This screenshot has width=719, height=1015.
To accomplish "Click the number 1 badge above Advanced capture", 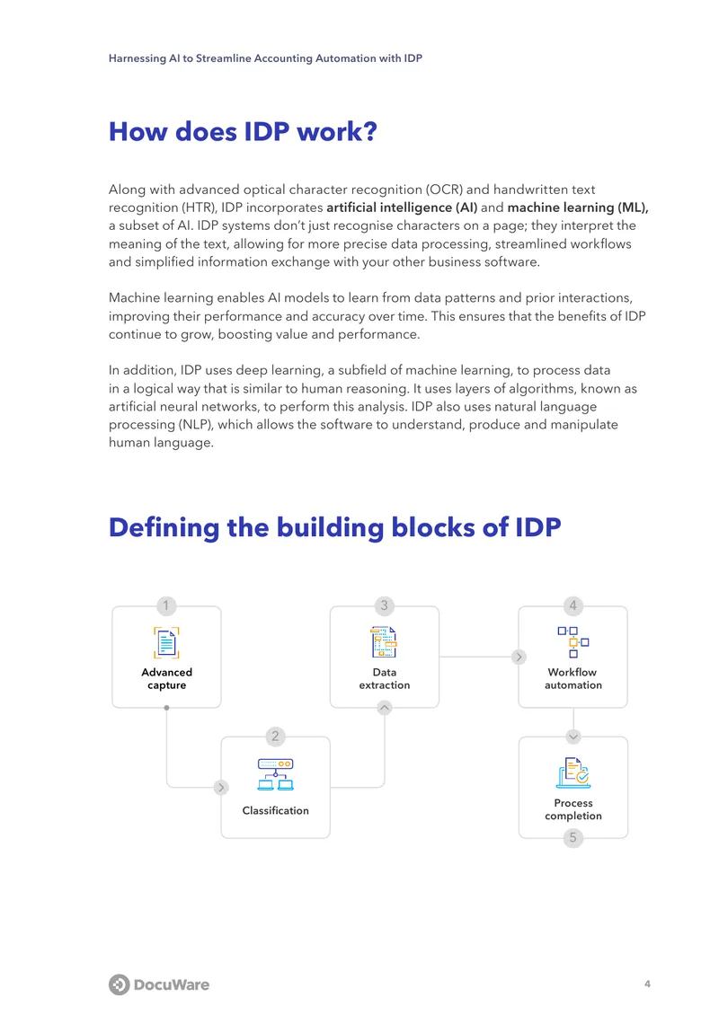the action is (166, 606).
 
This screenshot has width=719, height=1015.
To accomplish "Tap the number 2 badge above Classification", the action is (275, 736).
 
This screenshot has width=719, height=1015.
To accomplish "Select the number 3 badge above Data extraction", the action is (384, 606).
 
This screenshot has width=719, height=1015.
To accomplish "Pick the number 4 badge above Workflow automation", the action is (573, 606).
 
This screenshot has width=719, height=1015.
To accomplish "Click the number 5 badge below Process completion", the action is (573, 838).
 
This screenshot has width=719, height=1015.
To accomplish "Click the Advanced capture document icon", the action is (166, 642).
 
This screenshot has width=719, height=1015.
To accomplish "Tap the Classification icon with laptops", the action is (275, 775).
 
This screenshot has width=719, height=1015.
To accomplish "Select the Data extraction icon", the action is (384, 642).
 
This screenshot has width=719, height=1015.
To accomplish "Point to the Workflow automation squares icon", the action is (573, 641).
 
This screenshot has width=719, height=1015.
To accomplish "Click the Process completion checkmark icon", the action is (573, 772).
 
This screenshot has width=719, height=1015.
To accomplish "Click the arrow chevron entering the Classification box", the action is (221, 787).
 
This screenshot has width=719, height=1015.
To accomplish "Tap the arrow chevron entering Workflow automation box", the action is (519, 657).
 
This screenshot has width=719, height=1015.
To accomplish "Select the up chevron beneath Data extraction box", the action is (384, 708).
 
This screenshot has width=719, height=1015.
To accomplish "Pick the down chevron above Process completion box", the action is (573, 737).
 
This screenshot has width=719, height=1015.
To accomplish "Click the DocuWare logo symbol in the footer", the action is (120, 984).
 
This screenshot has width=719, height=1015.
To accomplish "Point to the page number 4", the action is (647, 984).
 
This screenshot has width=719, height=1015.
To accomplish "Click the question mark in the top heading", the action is (370, 131).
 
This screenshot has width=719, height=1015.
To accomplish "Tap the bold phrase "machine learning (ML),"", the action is (578, 207).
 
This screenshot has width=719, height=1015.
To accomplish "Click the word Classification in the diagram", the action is (275, 810).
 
